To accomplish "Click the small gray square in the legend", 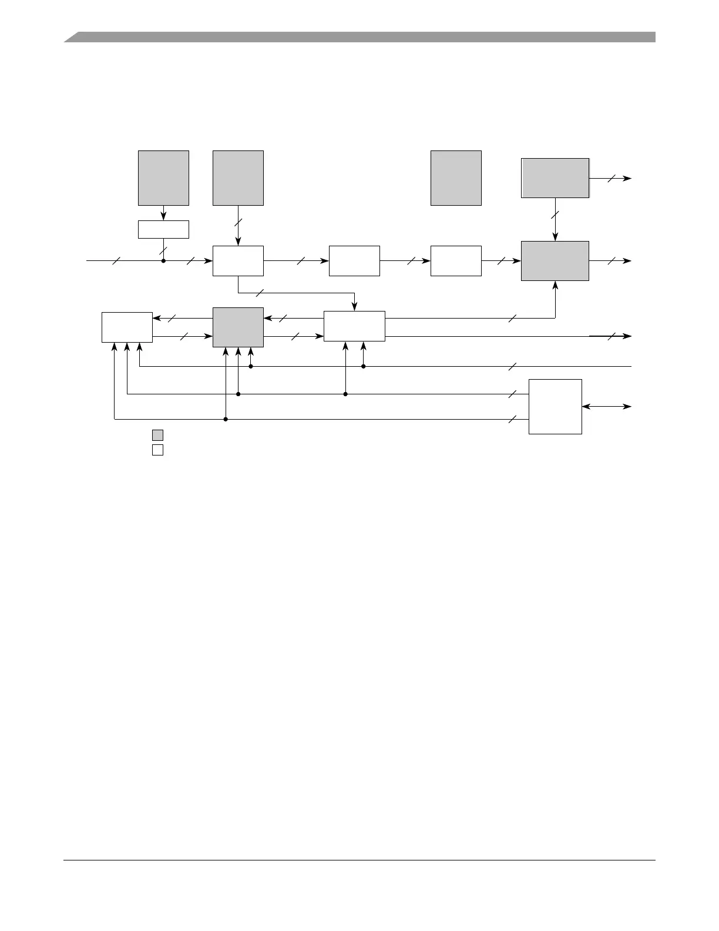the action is pyautogui.click(x=157, y=435).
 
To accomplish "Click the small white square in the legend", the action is pyautogui.click(x=157, y=450).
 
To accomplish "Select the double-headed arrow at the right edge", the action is pyautogui.click(x=607, y=406).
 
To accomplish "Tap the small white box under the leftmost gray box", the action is pyautogui.click(x=163, y=229).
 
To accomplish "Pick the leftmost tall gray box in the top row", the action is pyautogui.click(x=163, y=178).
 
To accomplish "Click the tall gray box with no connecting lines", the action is pyautogui.click(x=456, y=178).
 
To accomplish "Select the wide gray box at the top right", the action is pyautogui.click(x=555, y=178).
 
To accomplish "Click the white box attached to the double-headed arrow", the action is pyautogui.click(x=555, y=406).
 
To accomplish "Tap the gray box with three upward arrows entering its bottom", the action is pyautogui.click(x=238, y=327).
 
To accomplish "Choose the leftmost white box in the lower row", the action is pyautogui.click(x=127, y=327).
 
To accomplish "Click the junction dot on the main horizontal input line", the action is pyautogui.click(x=163, y=260).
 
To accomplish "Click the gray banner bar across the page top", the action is pyautogui.click(x=359, y=37).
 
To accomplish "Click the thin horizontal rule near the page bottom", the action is pyautogui.click(x=359, y=860).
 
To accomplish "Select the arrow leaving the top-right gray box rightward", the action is pyautogui.click(x=611, y=178).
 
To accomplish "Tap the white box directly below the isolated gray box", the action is pyautogui.click(x=456, y=260).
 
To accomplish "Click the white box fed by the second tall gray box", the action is pyautogui.click(x=238, y=260).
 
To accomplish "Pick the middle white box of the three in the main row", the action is pyautogui.click(x=354, y=260).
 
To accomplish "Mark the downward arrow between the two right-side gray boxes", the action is pyautogui.click(x=555, y=220).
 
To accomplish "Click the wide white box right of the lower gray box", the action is pyautogui.click(x=354, y=326).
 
